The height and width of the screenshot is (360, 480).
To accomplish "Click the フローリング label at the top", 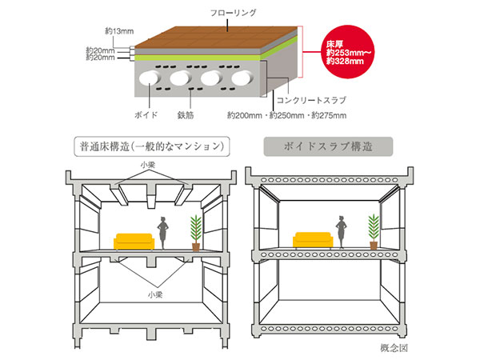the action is click(x=234, y=13).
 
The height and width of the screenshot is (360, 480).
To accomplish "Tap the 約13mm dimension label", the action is click(x=119, y=31).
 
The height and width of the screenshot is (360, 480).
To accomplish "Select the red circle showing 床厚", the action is click(x=349, y=52).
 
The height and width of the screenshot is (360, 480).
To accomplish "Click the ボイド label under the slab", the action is click(x=146, y=115).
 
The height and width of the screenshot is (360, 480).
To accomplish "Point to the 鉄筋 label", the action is click(x=186, y=115).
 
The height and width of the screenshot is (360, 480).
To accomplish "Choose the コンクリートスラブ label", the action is click(x=311, y=100).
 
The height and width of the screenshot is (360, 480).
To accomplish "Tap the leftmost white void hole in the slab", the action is click(x=149, y=78).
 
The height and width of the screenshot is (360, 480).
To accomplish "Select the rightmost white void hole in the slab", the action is click(x=242, y=78).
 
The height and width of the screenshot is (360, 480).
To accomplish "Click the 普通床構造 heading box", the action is click(x=152, y=146).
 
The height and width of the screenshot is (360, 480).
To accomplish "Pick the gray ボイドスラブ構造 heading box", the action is click(x=328, y=146).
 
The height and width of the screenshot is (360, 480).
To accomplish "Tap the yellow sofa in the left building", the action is click(x=134, y=242).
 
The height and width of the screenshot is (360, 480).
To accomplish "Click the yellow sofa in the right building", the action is click(x=313, y=240).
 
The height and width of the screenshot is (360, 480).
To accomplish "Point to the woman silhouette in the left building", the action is click(x=162, y=233).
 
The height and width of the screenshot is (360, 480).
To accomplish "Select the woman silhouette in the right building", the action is click(x=341, y=232).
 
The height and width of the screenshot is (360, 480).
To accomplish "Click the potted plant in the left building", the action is click(x=196, y=234).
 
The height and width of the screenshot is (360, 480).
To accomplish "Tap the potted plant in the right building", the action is click(x=374, y=231).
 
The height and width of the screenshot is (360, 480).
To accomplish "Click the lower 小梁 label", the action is click(x=155, y=294).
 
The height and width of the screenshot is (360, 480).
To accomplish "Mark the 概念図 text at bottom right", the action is click(x=394, y=347).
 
